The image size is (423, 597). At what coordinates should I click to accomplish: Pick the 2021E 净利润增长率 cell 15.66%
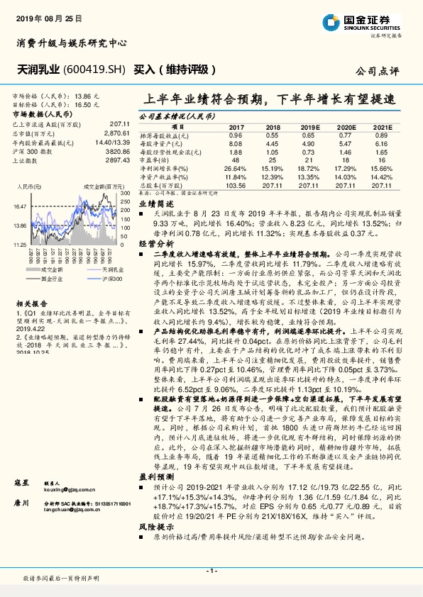click(x=381, y=169)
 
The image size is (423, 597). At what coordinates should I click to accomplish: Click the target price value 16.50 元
click(x=87, y=104)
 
